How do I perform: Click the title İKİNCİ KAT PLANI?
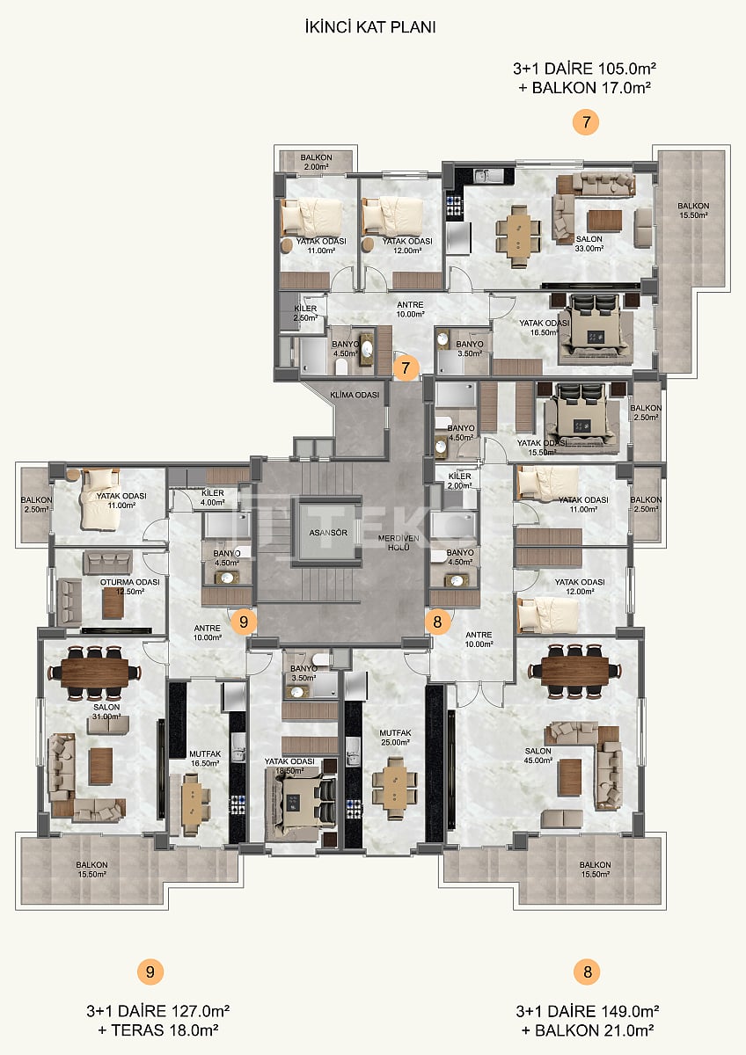[369, 27]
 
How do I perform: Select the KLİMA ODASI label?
[355, 396]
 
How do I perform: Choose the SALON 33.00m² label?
[589, 244]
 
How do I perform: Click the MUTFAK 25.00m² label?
[394, 737]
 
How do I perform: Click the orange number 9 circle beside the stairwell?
[244, 622]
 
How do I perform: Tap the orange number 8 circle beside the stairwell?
[437, 622]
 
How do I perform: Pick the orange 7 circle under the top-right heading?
[585, 122]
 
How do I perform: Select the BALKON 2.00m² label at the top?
[315, 162]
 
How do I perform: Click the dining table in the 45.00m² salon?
[574, 671]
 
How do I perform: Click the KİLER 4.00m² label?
[213, 498]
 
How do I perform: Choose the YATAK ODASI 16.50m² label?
[544, 327]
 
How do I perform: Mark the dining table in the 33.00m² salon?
[518, 231]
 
